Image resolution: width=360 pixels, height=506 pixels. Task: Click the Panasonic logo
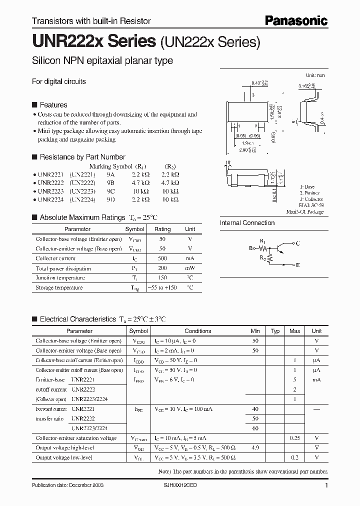click(296, 20)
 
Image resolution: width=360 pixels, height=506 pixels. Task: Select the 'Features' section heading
click(53, 105)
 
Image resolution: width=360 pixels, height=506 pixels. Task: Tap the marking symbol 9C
click(110, 191)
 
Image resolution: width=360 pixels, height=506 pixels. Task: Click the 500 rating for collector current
click(162, 258)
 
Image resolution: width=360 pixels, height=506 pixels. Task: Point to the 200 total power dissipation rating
click(162, 268)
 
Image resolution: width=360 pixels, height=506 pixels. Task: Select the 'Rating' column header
click(162, 229)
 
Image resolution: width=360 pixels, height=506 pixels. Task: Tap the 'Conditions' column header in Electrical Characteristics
click(197, 331)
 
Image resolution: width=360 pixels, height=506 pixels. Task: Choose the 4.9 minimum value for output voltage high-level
click(255, 448)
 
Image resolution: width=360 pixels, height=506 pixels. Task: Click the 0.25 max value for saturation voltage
click(295, 438)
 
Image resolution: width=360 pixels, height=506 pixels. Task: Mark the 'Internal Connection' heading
click(247, 223)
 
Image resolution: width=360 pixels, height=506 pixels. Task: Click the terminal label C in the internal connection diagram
click(297, 243)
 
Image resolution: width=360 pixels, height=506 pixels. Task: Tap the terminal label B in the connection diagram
click(251, 247)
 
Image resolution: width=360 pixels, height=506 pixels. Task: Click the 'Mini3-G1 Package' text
click(305, 212)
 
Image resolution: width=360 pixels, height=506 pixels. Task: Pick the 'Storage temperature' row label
click(59, 288)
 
